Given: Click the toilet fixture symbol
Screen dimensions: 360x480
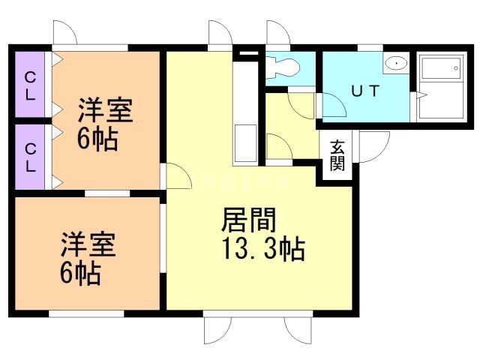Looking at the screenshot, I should [x=283, y=67].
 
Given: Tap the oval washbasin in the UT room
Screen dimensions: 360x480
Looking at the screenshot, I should [x=395, y=64].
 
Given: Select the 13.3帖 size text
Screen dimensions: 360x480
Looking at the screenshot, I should [x=260, y=248].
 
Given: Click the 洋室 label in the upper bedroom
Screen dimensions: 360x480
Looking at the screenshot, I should [x=105, y=112].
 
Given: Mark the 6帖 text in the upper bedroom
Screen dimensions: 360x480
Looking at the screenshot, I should [x=98, y=140].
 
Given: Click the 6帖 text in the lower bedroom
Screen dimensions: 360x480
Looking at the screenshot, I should [x=80, y=273].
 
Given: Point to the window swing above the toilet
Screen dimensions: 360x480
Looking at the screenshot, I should [x=277, y=35].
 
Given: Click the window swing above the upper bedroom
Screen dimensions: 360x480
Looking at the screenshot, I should [x=64, y=35].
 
